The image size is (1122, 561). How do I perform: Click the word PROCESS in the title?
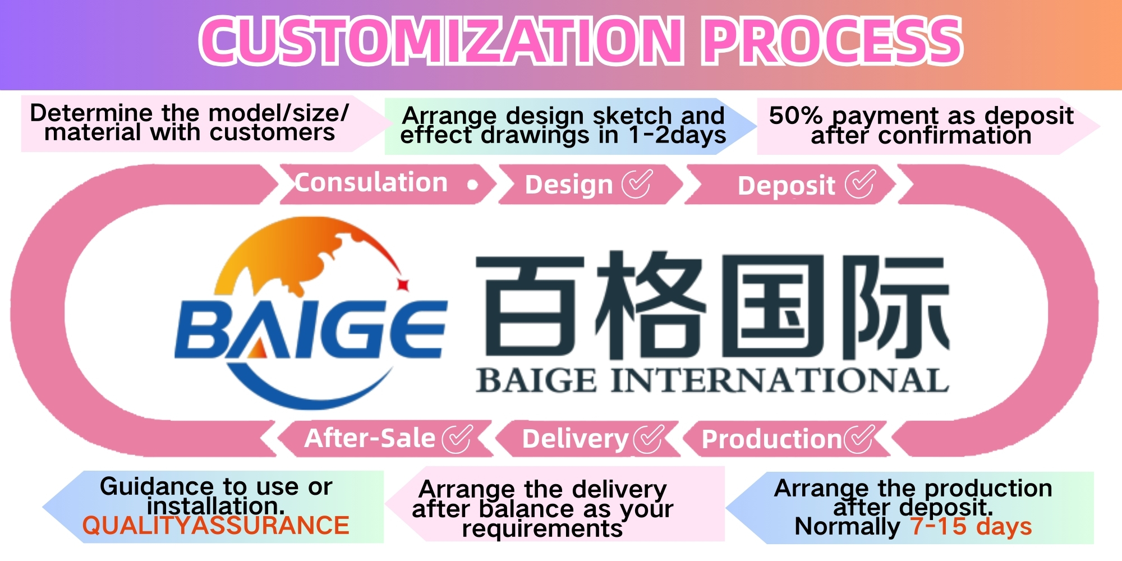(833, 40)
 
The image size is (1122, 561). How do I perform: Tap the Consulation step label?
(371, 183)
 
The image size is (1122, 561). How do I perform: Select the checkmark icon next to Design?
(637, 184)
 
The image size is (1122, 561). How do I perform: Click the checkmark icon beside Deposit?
(860, 183)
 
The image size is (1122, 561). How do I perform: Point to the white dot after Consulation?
(472, 185)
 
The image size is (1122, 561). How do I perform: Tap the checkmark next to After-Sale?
(457, 438)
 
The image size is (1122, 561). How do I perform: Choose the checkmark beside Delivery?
(648, 438)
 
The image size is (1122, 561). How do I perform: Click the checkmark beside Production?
(859, 438)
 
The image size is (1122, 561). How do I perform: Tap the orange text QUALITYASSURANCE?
(216, 526)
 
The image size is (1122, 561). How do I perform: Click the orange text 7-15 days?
(971, 526)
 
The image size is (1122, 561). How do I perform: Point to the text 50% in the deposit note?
(795, 116)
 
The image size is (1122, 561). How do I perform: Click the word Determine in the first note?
(91, 113)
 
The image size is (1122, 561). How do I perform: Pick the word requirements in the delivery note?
(542, 528)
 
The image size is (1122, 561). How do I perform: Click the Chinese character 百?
(530, 306)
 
